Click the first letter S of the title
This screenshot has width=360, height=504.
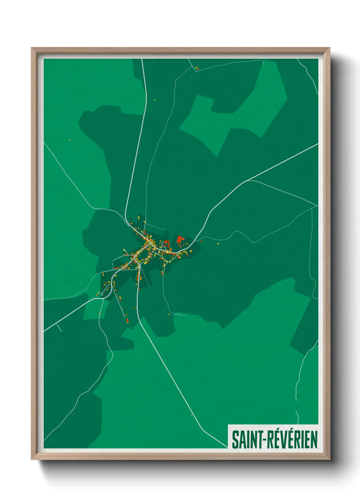[x=235, y=440]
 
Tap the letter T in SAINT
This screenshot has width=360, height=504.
[x=256, y=440]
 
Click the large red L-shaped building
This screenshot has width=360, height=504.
[x=180, y=239]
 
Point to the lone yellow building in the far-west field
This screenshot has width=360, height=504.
[x=69, y=140]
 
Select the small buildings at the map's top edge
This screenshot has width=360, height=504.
[x=197, y=68]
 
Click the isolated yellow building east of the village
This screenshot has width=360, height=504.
[x=218, y=244]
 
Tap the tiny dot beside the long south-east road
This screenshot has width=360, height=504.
[x=192, y=414]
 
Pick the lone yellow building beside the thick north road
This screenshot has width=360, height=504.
[x=154, y=100]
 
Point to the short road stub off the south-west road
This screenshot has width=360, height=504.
[x=59, y=328]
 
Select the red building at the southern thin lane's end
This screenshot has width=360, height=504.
[x=127, y=320]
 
